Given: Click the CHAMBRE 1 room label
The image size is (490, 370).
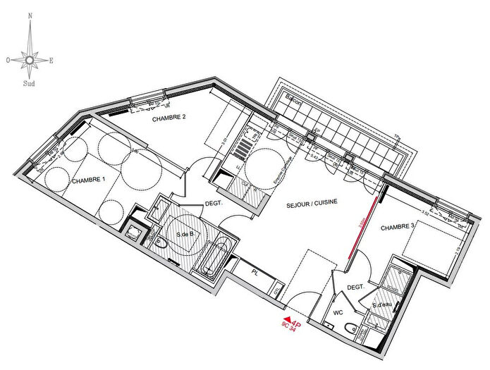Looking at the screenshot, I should click(89, 180).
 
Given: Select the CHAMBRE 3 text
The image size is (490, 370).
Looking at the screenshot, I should click(398, 228).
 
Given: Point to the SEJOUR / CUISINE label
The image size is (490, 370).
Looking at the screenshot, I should click(312, 202).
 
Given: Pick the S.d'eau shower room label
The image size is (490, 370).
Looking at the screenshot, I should click(383, 305).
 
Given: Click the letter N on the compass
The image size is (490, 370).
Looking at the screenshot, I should click(30, 15).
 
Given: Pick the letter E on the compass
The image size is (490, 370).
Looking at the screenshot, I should click(51, 61).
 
